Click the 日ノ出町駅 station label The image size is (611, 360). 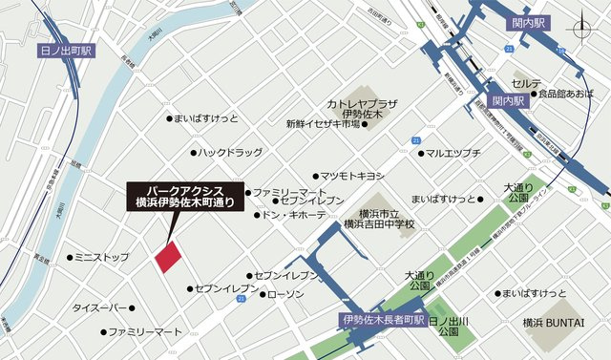67,50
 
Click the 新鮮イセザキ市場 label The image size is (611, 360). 322,124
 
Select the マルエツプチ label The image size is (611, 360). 453,153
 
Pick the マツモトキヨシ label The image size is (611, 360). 351,176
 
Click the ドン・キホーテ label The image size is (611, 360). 296,216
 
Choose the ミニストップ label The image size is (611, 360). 101,258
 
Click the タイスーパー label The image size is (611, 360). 99,308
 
